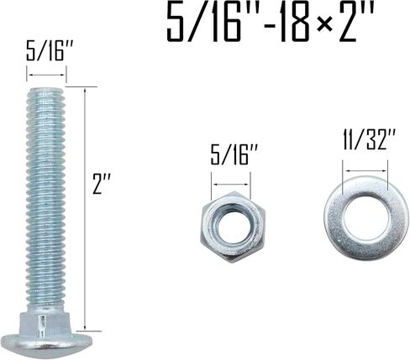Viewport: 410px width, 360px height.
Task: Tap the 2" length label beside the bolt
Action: point(102,184)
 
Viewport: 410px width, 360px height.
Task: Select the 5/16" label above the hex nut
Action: point(234,154)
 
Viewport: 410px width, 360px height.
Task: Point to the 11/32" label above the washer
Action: point(369,139)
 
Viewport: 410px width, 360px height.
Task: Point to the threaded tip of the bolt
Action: point(46,92)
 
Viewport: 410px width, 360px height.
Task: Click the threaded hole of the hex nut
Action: point(231,226)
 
